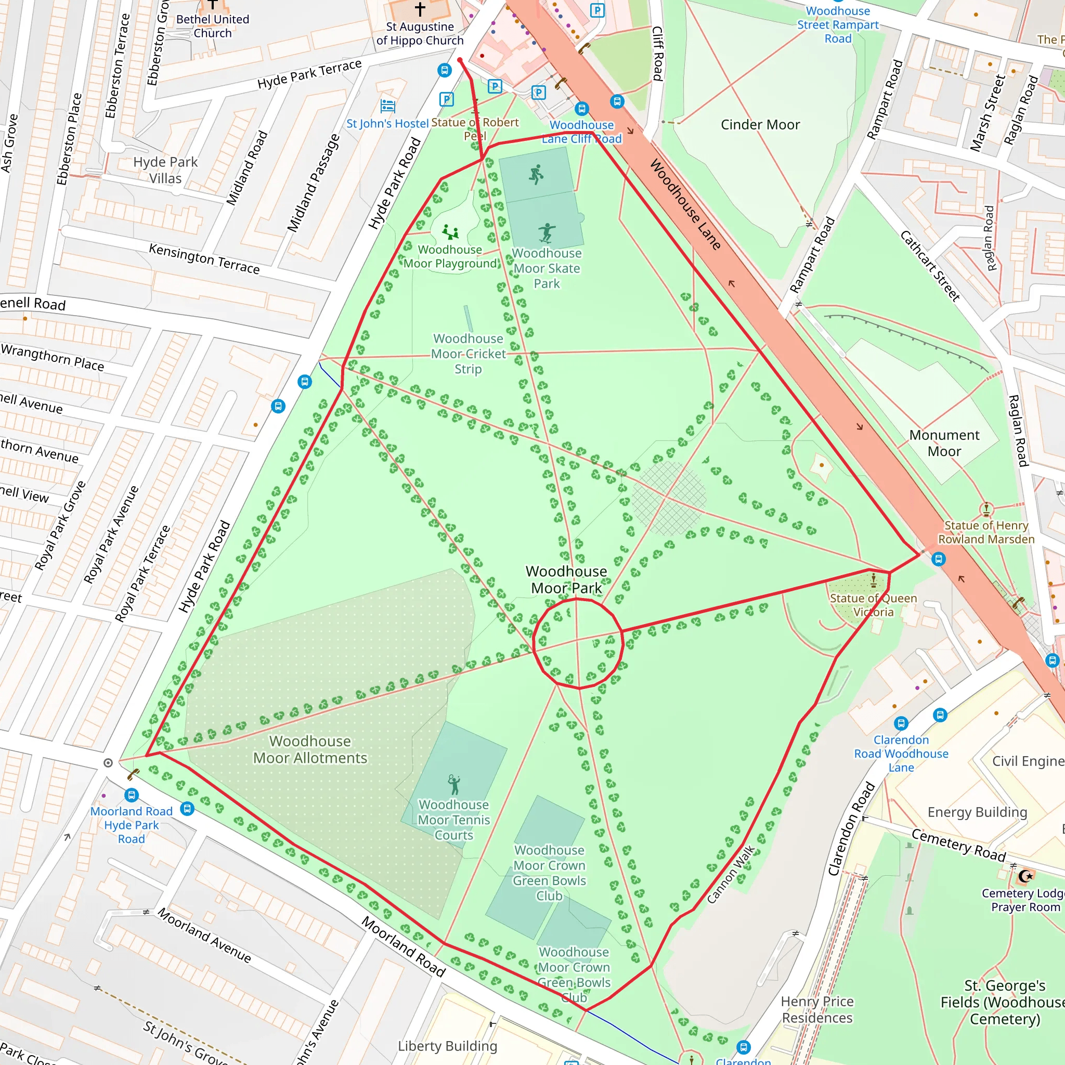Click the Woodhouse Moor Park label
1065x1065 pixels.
click(566, 579)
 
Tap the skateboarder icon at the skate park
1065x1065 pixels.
click(547, 232)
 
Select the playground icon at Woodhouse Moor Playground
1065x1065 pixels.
click(451, 232)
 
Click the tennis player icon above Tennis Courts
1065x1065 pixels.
click(453, 784)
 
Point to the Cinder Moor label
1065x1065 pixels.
click(760, 125)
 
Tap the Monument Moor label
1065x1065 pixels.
click(944, 443)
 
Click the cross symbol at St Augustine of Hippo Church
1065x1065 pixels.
click(420, 9)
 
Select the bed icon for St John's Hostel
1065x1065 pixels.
click(387, 105)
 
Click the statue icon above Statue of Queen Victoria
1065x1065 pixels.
click(873, 580)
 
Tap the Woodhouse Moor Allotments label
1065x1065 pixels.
click(310, 749)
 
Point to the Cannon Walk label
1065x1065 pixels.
click(731, 874)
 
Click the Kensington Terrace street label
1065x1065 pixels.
click(204, 258)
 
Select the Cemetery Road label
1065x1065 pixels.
click(958, 845)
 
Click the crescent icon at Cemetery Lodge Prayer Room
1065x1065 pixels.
click(1025, 876)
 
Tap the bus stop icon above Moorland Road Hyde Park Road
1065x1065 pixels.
click(131, 795)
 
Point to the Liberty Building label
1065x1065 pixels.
click(447, 1046)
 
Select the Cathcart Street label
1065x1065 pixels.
click(930, 266)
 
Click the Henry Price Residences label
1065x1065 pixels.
click(817, 1009)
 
